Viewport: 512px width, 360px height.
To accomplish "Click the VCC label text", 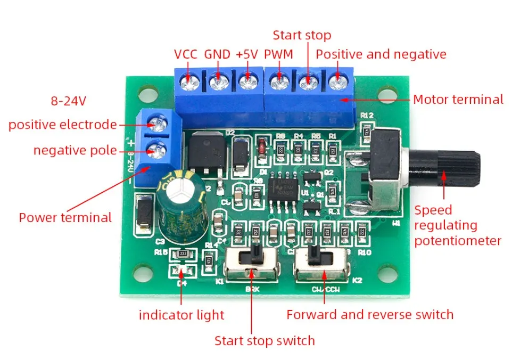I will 185,54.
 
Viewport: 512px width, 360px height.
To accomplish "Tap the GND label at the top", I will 217,54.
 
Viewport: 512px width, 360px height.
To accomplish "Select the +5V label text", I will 247,54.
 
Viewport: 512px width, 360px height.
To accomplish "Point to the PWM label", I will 278,54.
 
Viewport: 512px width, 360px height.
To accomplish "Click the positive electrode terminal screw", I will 155,125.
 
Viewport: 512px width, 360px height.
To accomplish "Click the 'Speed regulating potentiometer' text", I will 457,225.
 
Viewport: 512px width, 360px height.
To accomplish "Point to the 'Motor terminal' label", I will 458,100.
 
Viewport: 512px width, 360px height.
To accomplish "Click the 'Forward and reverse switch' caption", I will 369,315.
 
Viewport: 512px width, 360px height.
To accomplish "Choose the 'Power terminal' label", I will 65,217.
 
